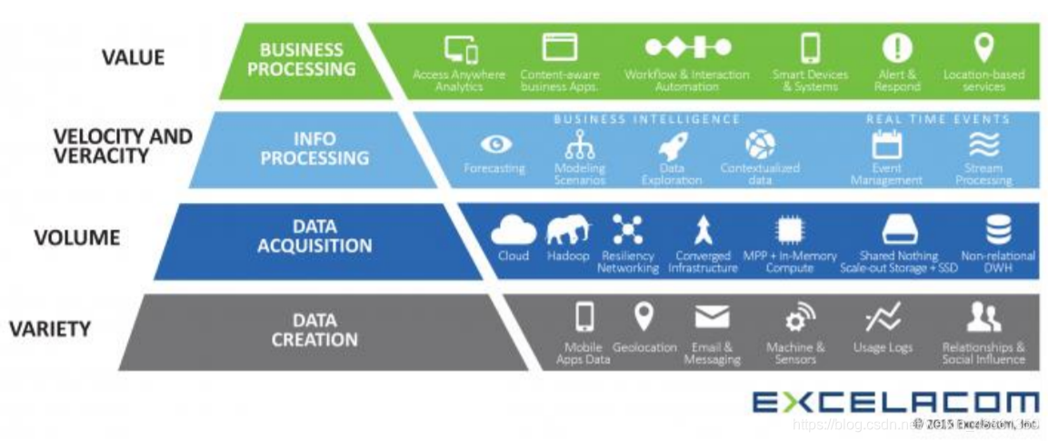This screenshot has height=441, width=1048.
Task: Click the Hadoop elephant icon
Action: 567,229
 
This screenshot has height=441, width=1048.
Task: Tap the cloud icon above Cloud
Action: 514,230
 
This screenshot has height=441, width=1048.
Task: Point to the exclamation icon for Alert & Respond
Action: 897,47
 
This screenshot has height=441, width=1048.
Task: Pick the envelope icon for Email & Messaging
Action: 712,316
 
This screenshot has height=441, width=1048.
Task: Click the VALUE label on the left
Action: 133,57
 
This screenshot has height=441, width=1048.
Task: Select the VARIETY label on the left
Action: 49,328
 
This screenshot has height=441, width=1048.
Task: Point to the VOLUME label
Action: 76,238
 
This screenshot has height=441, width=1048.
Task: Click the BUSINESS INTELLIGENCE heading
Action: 646,119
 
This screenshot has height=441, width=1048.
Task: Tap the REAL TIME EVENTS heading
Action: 937,119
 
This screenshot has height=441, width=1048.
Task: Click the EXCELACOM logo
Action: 895,401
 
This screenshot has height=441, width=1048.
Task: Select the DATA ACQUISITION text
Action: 314,236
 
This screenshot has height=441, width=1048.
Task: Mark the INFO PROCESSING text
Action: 314,148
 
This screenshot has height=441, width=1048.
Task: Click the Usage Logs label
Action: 883,347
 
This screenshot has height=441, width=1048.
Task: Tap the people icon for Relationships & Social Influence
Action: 983,316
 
